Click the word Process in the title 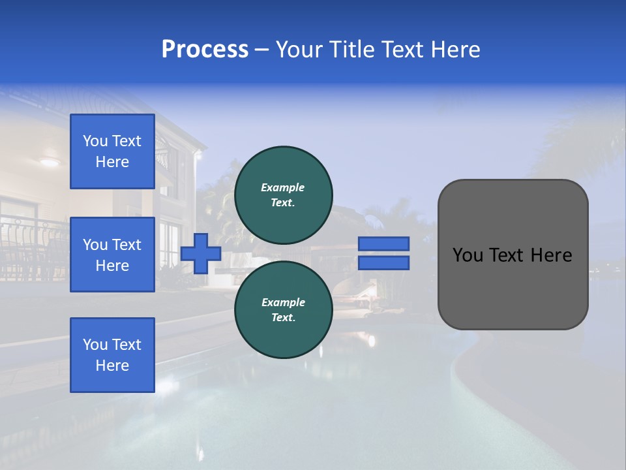coord(205,50)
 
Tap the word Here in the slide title coord(454,50)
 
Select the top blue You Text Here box coord(112,151)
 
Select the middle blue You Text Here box coord(112,255)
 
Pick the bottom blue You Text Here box coord(112,355)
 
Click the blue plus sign coord(201,253)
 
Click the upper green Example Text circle coord(283,195)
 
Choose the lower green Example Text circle coord(283,309)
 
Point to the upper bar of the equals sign coord(384,243)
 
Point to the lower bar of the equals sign coord(384,262)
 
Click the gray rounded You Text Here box coord(513,287)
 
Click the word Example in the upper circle coord(283,187)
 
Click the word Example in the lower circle coord(283,302)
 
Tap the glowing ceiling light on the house coord(50,162)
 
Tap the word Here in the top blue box coord(112,162)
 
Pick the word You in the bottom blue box coord(95,345)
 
